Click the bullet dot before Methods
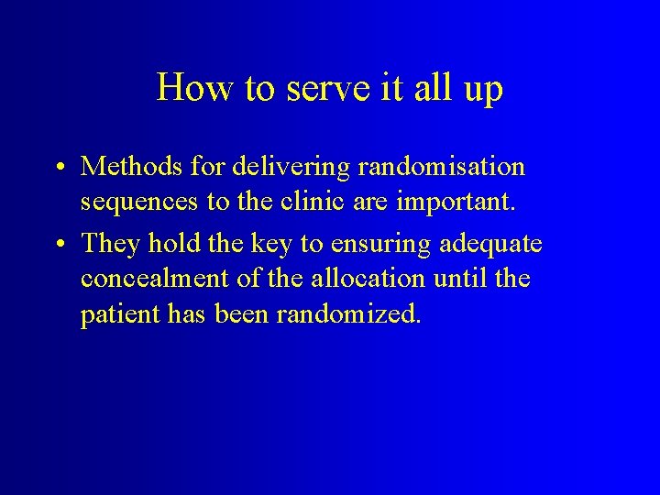pos(58,168)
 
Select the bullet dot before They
pos(58,245)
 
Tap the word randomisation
pos(444,167)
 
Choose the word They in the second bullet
pos(108,244)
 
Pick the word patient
pos(121,315)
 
